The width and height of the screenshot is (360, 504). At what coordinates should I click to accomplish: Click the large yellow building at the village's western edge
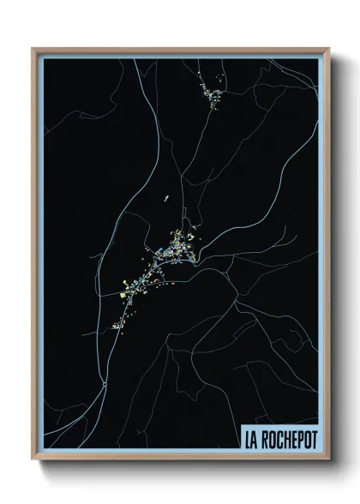click(x=125, y=288)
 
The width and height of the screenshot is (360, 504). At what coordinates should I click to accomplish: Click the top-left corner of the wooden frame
click(x=33, y=49)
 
